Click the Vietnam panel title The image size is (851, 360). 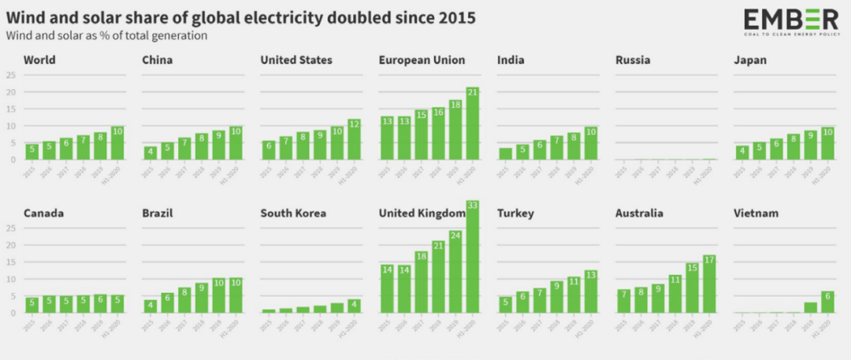(756, 213)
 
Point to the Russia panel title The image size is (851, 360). (633, 60)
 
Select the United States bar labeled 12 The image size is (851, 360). (354, 139)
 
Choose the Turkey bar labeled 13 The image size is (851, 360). (590, 291)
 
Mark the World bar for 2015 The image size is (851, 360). (32, 151)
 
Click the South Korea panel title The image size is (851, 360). (293, 213)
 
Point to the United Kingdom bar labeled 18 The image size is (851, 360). (421, 283)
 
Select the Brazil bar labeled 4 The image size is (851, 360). (150, 306)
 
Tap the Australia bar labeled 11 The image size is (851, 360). (674, 295)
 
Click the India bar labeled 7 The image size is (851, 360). (556, 148)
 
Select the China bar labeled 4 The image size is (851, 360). (150, 153)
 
